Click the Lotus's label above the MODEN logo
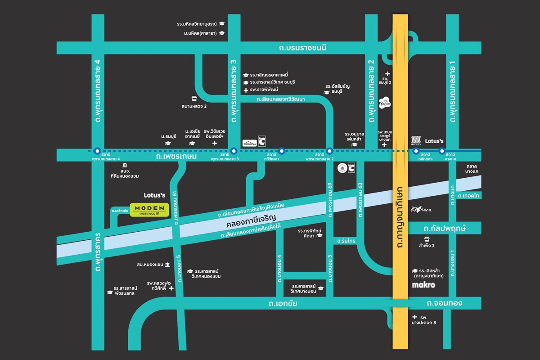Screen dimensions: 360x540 pyautogui.click(x=154, y=195)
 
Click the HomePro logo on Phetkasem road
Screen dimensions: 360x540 pyautogui.click(x=249, y=143)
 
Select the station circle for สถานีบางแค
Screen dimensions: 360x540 pyautogui.click(x=442, y=151)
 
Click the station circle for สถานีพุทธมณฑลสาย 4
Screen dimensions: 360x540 pyautogui.click(x=97, y=151)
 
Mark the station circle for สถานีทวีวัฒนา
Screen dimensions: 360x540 pyautogui.click(x=282, y=151)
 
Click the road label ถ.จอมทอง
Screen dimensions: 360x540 pyautogui.click(x=444, y=303)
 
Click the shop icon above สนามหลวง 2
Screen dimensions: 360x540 pyautogui.click(x=194, y=98)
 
